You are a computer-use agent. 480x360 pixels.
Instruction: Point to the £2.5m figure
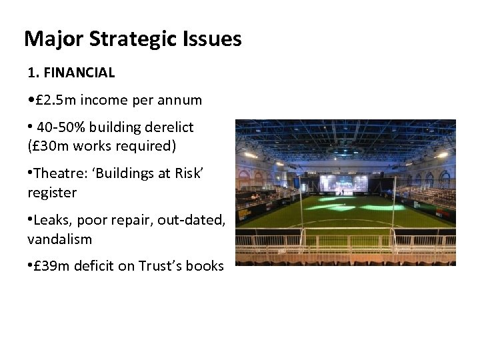54,100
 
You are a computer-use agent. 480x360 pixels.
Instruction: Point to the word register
52,193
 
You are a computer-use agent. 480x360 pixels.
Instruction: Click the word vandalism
59,238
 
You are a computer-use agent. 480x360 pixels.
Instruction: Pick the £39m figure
51,266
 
